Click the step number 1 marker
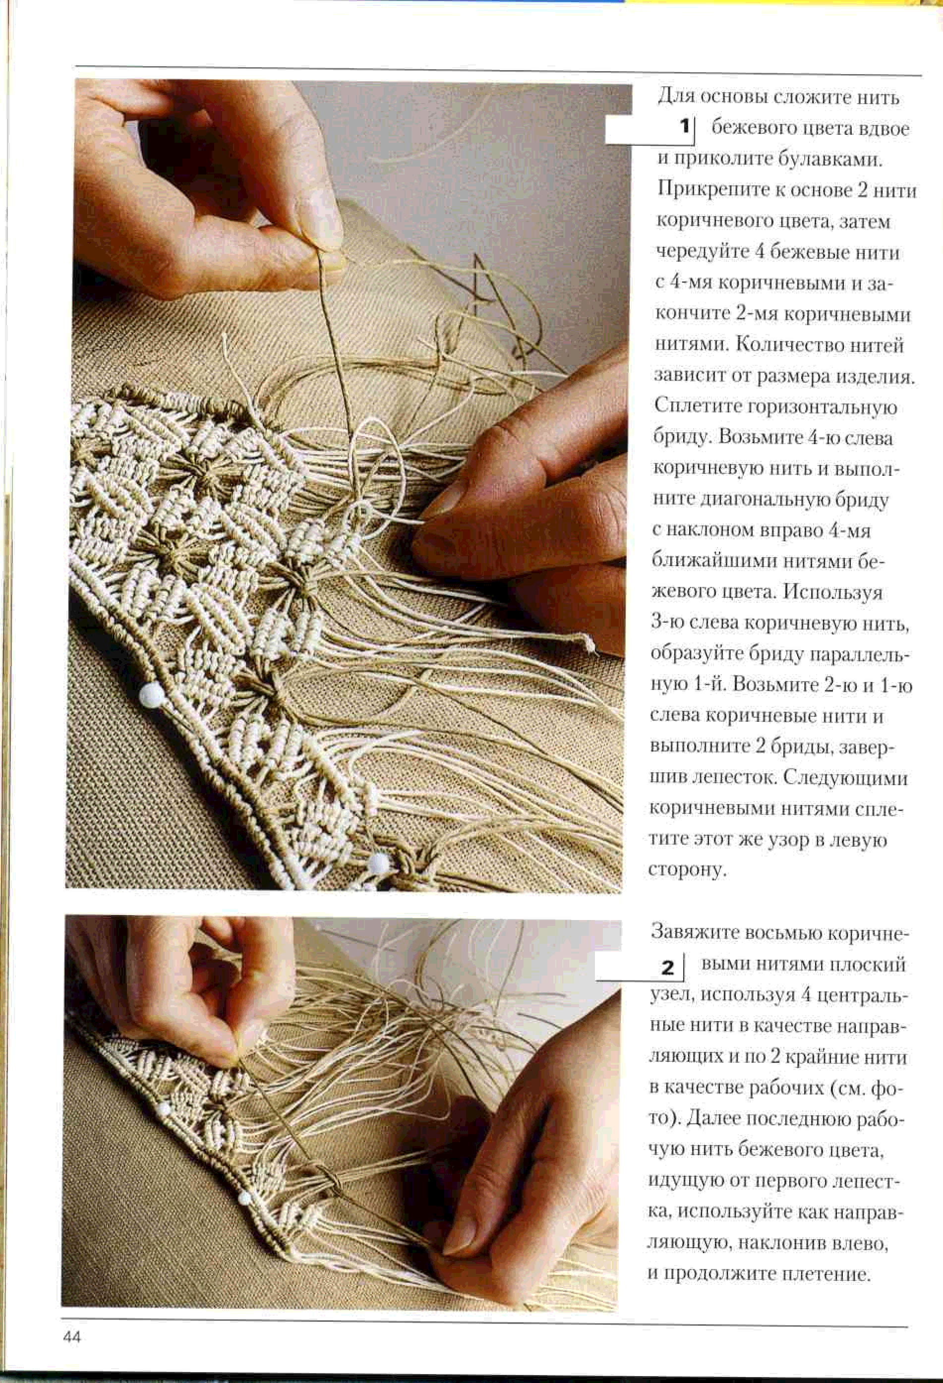[684, 127]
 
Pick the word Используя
[833, 592]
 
